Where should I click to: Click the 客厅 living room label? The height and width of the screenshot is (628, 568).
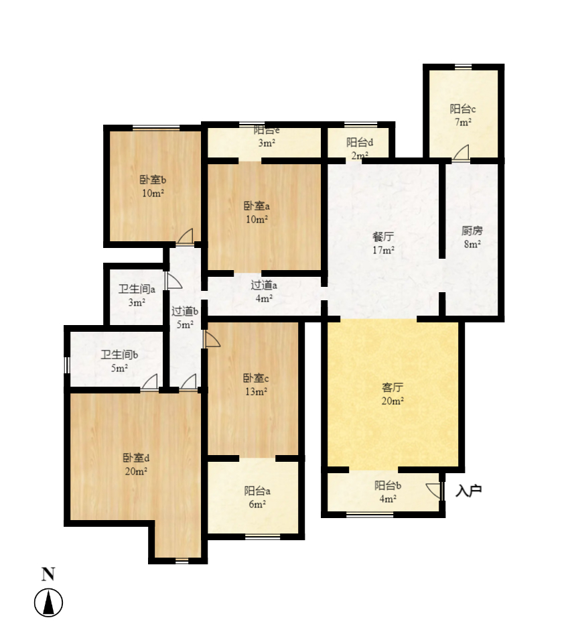[392, 387]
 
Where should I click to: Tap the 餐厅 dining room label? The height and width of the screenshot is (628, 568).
[382, 237]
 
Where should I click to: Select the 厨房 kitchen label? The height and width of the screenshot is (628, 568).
[472, 231]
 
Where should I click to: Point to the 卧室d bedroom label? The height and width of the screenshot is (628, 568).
[135, 458]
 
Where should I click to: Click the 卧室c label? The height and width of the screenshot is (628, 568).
[257, 378]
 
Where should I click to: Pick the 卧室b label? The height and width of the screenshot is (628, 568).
[153, 180]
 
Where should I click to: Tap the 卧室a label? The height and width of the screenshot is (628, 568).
[257, 206]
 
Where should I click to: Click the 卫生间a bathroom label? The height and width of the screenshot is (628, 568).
[137, 290]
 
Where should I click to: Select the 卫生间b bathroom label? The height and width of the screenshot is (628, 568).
[119, 355]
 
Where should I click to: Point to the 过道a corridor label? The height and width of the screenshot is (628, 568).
[264, 285]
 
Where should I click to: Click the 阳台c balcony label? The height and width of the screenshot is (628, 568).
[462, 109]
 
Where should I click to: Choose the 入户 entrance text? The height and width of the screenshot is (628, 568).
[469, 491]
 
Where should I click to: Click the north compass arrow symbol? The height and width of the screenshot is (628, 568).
[48, 603]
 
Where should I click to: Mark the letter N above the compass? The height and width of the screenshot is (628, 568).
[48, 574]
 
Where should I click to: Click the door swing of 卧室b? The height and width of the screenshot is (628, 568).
[185, 236]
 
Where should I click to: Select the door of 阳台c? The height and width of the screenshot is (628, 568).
[461, 153]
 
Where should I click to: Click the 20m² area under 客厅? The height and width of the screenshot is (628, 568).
[392, 401]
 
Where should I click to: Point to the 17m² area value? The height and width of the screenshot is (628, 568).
[382, 251]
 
